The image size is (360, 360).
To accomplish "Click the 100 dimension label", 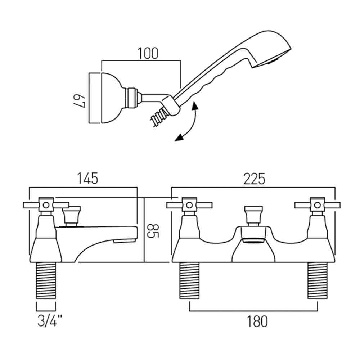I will (148, 53).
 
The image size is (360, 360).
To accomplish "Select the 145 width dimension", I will (87, 179).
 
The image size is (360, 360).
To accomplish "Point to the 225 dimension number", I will (254, 179).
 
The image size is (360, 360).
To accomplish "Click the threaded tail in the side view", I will (46, 280).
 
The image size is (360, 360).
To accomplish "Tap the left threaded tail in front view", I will (189, 280).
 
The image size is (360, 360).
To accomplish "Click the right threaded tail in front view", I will (318, 280).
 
